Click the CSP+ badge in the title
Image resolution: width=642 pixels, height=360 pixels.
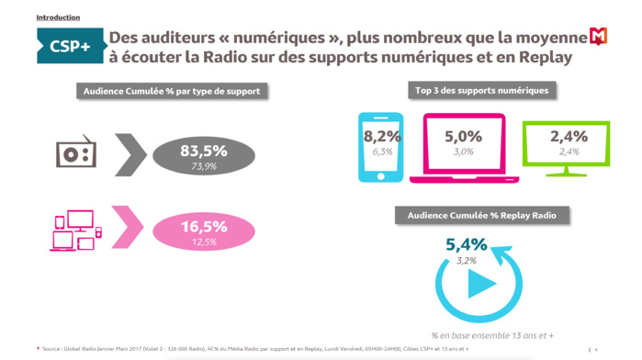pyautogui.click(x=70, y=47)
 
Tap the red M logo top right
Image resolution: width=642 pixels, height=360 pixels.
pyautogui.click(x=598, y=36)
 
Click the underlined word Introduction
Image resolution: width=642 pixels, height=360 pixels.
pyautogui.click(x=58, y=17)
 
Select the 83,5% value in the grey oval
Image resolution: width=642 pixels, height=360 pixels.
pyautogui.click(x=203, y=151)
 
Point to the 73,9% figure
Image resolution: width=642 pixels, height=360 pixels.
pyautogui.click(x=203, y=166)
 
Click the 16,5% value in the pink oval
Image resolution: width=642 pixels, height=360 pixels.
pyautogui.click(x=203, y=226)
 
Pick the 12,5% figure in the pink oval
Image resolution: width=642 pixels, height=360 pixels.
pyautogui.click(x=203, y=242)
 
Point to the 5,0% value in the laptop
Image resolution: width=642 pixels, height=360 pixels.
pyautogui.click(x=463, y=137)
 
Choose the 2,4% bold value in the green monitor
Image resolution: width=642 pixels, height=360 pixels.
pyautogui.click(x=567, y=137)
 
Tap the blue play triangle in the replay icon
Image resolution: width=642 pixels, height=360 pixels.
pyautogui.click(x=479, y=285)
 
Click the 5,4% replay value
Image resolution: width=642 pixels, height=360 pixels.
pyautogui.click(x=466, y=245)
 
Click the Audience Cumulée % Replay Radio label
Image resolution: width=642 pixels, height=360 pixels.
pyautogui.click(x=482, y=215)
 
